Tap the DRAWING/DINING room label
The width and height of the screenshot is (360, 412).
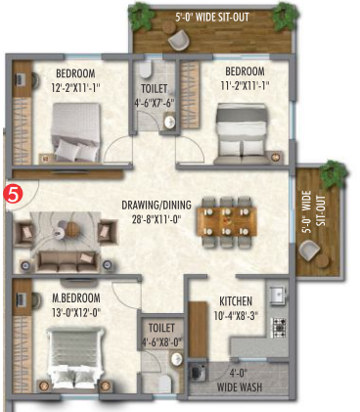pos(157,205)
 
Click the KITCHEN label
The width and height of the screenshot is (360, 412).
pos(236,301)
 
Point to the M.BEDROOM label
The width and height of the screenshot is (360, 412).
pos(76,298)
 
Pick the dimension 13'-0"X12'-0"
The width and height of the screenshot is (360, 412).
pos(76,313)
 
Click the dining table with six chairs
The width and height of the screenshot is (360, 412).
pos(227,222)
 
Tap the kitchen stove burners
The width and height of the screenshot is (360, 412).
pos(279,328)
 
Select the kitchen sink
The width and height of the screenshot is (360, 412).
pos(278,296)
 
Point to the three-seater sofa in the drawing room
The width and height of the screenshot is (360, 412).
pos(67,261)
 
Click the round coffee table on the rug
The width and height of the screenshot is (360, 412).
pos(72,230)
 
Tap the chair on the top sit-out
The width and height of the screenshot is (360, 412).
pos(179,40)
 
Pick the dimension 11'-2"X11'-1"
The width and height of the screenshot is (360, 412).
pos(245,86)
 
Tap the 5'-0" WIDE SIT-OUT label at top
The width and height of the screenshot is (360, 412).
pos(212,17)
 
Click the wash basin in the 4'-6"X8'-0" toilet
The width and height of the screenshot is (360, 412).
pos(177,359)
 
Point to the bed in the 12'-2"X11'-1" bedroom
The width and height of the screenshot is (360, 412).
pos(75,132)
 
